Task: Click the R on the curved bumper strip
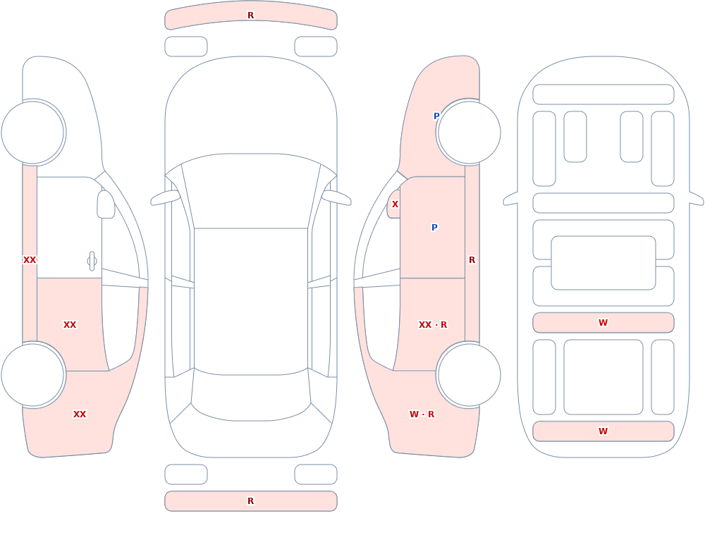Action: (x=250, y=16)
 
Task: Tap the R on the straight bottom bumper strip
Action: (x=250, y=501)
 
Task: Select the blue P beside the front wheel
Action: (x=436, y=116)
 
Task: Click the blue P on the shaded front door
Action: (x=434, y=228)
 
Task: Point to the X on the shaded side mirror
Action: (x=395, y=204)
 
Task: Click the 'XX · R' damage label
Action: (x=433, y=325)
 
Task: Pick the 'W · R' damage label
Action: (x=422, y=414)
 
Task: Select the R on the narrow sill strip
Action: (x=472, y=260)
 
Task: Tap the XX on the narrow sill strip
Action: (x=30, y=260)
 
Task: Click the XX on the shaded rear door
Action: (x=70, y=325)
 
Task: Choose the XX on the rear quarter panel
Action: (x=80, y=414)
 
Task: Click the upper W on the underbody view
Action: (x=603, y=322)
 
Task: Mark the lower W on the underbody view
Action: (x=603, y=431)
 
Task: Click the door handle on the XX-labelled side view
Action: (x=92, y=262)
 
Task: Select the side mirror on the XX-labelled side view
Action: (x=106, y=204)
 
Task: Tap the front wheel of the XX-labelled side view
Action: (x=33, y=133)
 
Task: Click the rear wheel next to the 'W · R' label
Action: (x=469, y=375)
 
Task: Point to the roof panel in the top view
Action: (x=251, y=301)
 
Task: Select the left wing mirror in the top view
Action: (x=165, y=198)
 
